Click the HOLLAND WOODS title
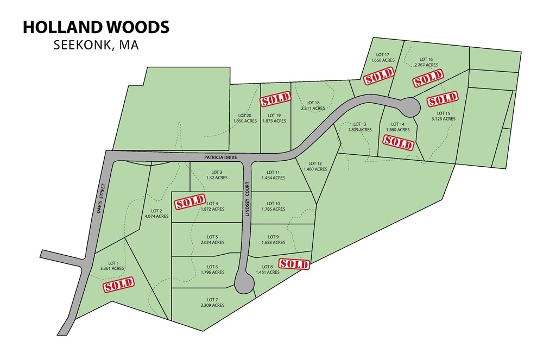pos(96,27)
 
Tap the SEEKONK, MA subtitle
pos(96,45)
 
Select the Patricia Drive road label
pos(222,157)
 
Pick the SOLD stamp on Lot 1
pos(119,285)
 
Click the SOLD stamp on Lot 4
pos(190,202)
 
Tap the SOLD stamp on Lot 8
pos(294,264)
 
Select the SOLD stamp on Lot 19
pos(276,100)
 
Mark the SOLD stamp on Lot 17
pos(378,77)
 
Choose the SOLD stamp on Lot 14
pos(399,142)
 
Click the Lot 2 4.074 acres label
pos(156,213)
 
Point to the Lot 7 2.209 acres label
pos(212,302)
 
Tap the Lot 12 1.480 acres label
pos(316,166)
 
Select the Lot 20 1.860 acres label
pos(245,118)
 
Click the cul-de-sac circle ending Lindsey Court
pos(244,283)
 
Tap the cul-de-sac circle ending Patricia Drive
pos(408,106)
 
